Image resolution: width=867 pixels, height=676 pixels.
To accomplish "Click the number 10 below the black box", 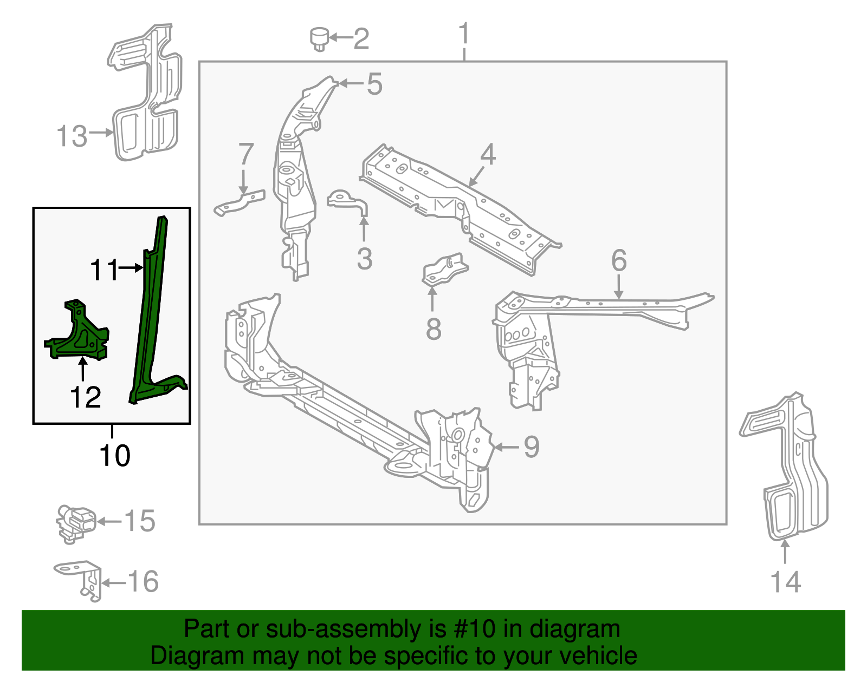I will (x=115, y=456).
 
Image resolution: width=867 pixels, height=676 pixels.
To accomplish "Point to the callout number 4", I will (x=488, y=155).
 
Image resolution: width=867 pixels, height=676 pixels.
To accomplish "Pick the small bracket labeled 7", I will (x=240, y=202).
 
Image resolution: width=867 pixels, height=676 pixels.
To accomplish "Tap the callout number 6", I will (x=619, y=260).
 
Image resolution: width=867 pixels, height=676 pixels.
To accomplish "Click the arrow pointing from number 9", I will (x=506, y=447).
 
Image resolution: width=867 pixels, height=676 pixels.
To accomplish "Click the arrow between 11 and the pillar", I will (x=131, y=267).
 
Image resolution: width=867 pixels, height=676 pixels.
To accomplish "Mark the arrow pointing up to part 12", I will (x=82, y=370).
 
